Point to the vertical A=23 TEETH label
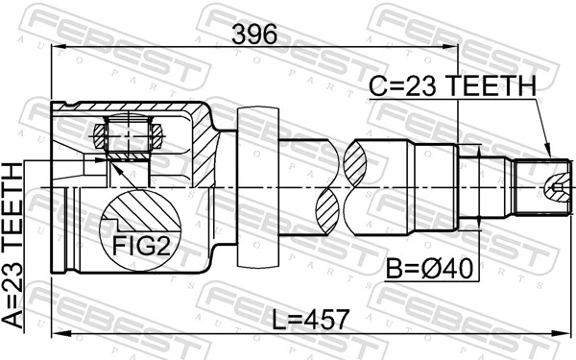pos(13,246)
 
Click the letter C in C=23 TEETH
pos(378,87)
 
